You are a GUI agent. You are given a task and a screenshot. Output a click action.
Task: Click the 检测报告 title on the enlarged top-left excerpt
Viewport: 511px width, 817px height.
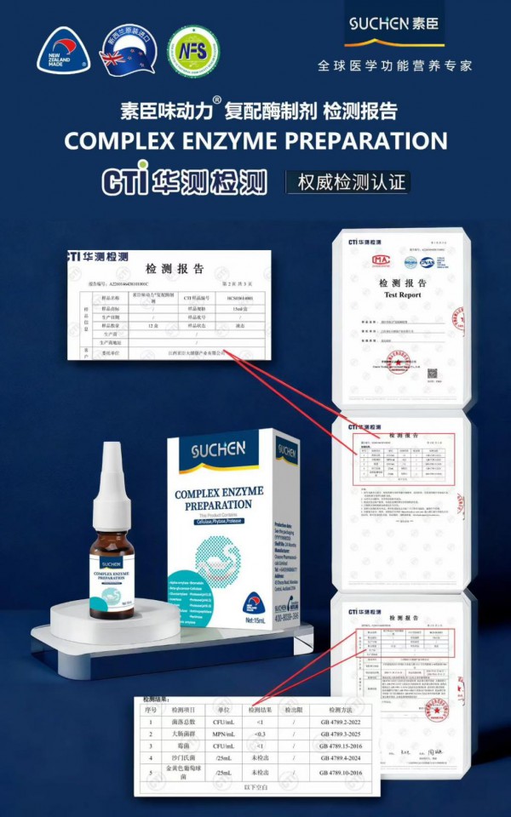pyautogui.click(x=175, y=269)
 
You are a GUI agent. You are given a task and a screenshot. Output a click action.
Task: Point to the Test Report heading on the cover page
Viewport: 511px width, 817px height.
pyautogui.click(x=402, y=295)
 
